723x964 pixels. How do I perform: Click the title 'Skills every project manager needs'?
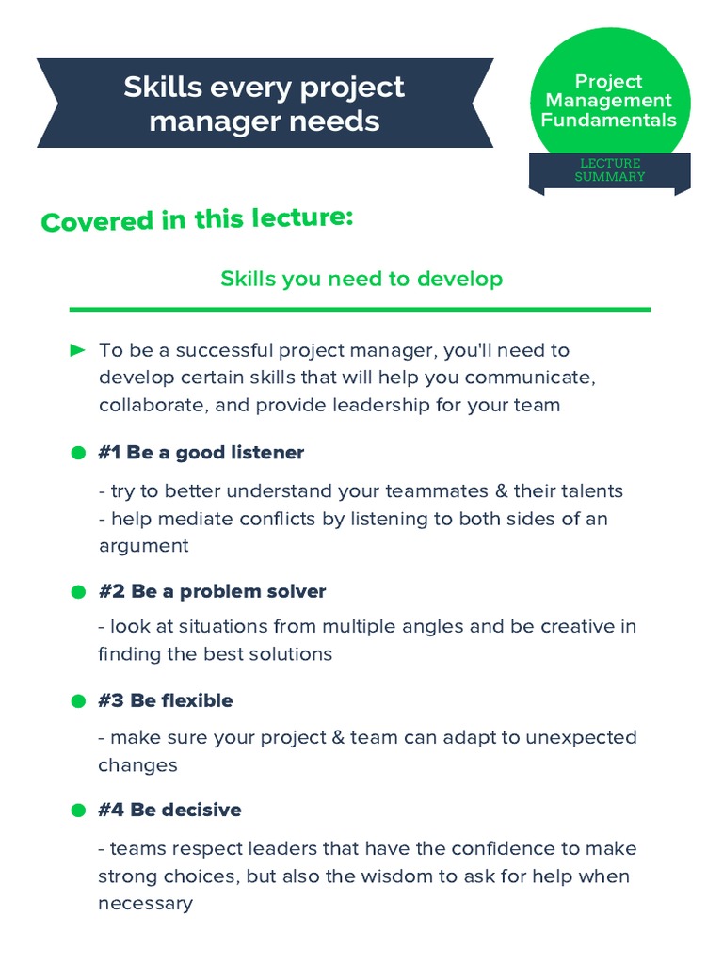click(264, 104)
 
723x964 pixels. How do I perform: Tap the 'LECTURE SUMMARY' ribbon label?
click(610, 169)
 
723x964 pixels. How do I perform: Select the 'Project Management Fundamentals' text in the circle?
click(609, 101)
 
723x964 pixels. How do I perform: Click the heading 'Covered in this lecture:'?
click(198, 219)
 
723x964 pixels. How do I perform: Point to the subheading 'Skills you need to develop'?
click(361, 279)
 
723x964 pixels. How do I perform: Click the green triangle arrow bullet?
click(78, 351)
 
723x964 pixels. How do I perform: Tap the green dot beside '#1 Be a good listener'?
click(78, 453)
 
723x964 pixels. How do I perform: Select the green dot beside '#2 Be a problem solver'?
click(78, 592)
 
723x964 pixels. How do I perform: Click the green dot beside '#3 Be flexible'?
click(78, 701)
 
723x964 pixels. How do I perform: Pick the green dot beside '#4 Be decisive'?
click(78, 811)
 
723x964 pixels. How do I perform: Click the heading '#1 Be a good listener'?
click(201, 453)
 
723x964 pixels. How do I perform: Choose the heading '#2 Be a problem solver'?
click(212, 592)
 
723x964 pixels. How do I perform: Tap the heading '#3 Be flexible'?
click(166, 701)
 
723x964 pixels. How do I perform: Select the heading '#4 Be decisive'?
click(170, 811)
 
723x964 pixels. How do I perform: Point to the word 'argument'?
click(143, 546)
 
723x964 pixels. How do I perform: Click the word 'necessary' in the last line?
click(145, 904)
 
